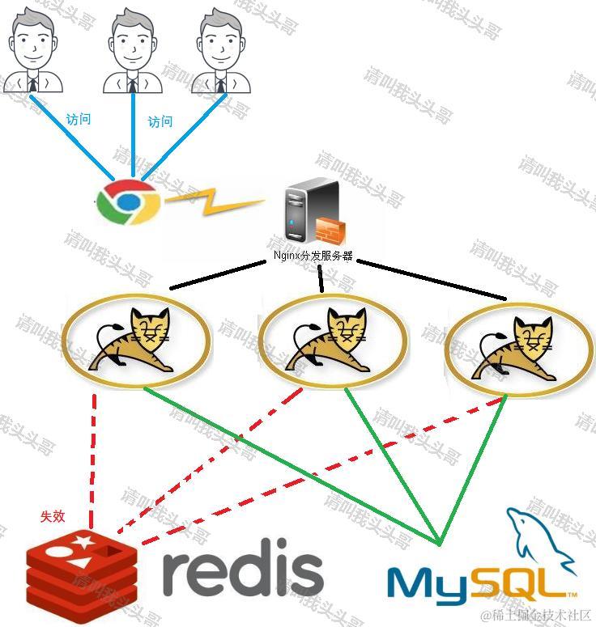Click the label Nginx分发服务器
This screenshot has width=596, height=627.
click(x=313, y=256)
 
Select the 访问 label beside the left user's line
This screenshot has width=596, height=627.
click(x=79, y=120)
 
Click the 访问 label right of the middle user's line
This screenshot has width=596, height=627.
click(x=160, y=122)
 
